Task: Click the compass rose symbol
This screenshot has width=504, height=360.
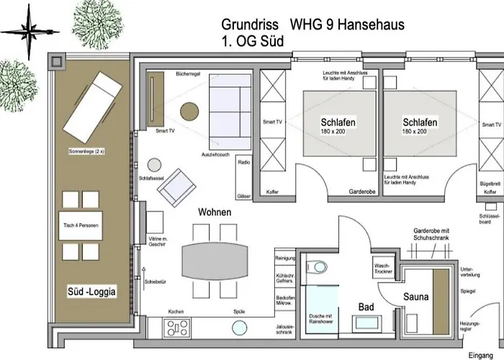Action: tap(28, 32)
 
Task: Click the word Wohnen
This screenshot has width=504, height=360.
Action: tap(215, 212)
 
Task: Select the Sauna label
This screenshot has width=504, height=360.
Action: tap(415, 296)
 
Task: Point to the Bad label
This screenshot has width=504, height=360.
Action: tap(366, 307)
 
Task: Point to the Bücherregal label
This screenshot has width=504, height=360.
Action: tap(188, 75)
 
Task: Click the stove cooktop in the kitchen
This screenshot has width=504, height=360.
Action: tap(177, 328)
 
